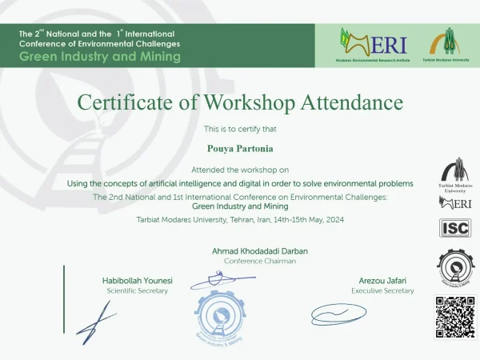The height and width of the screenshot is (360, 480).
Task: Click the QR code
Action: pyautogui.click(x=454, y=317)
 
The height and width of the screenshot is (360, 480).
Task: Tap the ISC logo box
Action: pyautogui.click(x=454, y=228)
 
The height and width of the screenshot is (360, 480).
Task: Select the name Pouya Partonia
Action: pyautogui.click(x=240, y=147)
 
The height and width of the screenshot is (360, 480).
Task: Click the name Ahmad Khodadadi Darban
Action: pyautogui.click(x=259, y=250)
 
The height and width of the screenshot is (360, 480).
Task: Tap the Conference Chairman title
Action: pyautogui.click(x=259, y=261)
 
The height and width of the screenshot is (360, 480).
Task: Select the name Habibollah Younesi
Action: pyautogui.click(x=138, y=281)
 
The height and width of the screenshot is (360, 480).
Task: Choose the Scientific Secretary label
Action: pyautogui.click(x=138, y=290)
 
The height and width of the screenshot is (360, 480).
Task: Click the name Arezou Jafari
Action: pyautogui.click(x=382, y=281)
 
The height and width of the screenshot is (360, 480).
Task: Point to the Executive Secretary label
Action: pyautogui.click(x=382, y=290)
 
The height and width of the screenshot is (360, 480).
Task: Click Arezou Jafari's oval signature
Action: pyautogui.click(x=338, y=311)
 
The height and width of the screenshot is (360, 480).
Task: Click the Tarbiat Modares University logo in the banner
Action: pyautogui.click(x=446, y=41)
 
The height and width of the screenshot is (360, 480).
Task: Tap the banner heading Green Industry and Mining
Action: pyautogui.click(x=100, y=57)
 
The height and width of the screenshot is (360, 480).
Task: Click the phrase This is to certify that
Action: pyautogui.click(x=240, y=129)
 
